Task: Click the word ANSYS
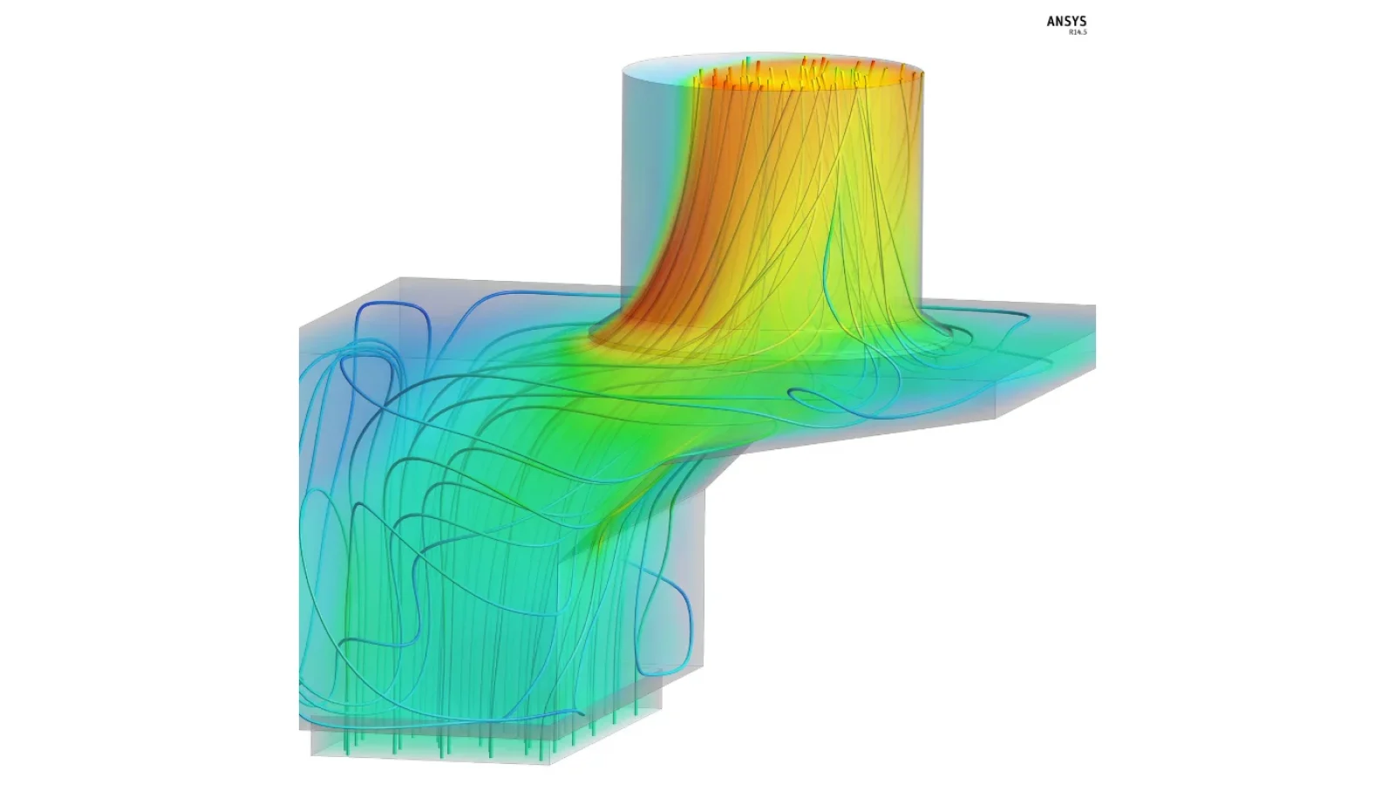pyautogui.click(x=1066, y=21)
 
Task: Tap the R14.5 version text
pyautogui.click(x=1078, y=31)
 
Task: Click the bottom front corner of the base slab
pyautogui.click(x=550, y=764)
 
